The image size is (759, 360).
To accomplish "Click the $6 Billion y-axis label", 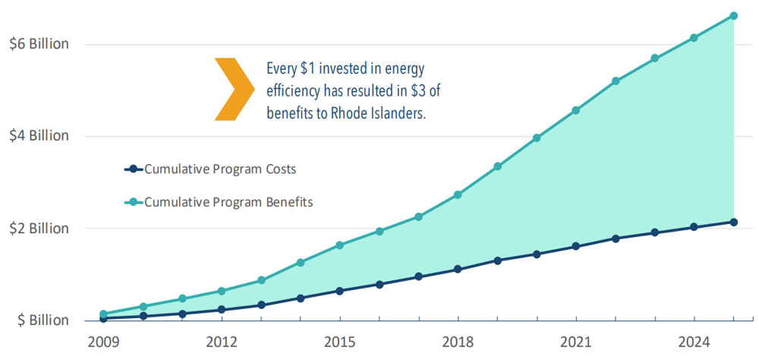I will (39, 44).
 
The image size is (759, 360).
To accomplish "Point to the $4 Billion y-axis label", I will (39, 136).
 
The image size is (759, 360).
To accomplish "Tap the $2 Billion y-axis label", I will (39, 228).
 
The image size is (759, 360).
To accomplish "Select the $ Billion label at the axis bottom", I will (43, 321).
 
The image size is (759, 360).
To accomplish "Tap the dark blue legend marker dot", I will (134, 169).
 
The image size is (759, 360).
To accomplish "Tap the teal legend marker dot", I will (134, 202).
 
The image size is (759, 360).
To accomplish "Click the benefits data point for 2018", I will (458, 195).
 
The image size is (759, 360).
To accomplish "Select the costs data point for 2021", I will (575, 246).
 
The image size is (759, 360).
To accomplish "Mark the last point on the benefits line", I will (733, 15).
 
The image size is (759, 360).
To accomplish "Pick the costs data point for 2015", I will (339, 291).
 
